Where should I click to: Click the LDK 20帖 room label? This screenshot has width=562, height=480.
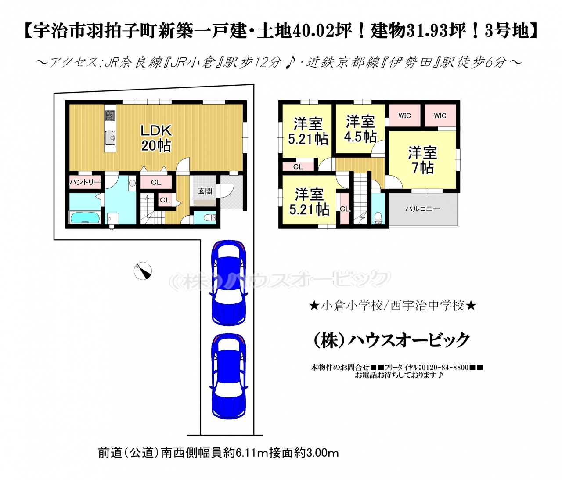156,138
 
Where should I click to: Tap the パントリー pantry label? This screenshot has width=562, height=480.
85,182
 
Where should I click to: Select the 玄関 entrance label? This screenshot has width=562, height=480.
205,191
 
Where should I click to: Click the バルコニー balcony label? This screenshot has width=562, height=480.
422,209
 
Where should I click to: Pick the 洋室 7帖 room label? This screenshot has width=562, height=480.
422,160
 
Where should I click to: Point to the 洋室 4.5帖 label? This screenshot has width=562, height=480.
360,129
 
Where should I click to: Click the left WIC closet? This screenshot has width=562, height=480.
404,115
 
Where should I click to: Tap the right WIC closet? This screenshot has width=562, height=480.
440,115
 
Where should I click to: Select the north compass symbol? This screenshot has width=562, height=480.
143,271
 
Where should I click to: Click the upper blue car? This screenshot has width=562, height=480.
229,282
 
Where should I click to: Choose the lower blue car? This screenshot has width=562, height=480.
229,377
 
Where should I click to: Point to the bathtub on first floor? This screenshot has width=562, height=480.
85,217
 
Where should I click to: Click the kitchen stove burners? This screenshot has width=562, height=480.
110,115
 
